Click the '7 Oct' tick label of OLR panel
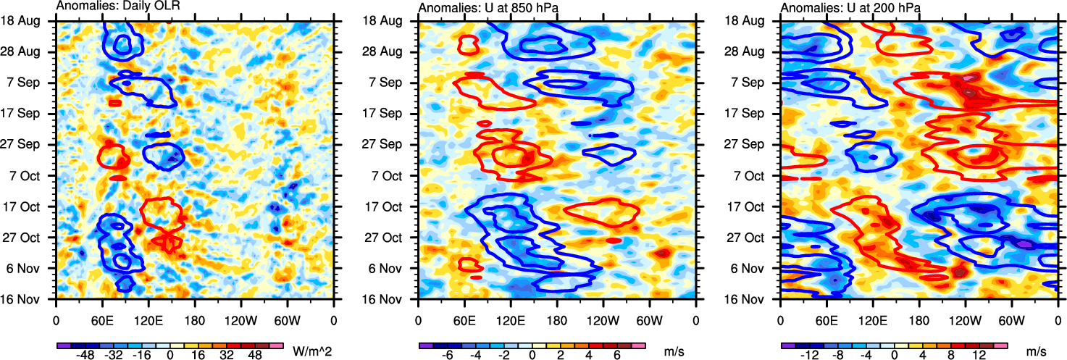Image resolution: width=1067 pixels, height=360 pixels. point(26,175)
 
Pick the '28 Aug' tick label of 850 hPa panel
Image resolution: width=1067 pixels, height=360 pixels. point(388,52)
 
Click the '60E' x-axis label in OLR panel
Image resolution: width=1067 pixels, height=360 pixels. point(102,319)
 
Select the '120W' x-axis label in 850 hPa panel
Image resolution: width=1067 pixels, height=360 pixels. point(603,319)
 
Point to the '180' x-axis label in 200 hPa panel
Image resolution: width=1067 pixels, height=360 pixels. point(919,319)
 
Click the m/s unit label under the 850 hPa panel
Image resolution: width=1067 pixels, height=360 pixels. point(674,351)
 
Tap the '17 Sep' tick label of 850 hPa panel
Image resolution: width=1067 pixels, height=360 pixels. point(388,114)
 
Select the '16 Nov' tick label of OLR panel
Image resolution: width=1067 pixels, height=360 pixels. point(25,298)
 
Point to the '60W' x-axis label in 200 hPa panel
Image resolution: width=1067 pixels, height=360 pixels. point(1011,319)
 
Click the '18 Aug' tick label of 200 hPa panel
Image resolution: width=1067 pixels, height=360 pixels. point(749,21)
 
